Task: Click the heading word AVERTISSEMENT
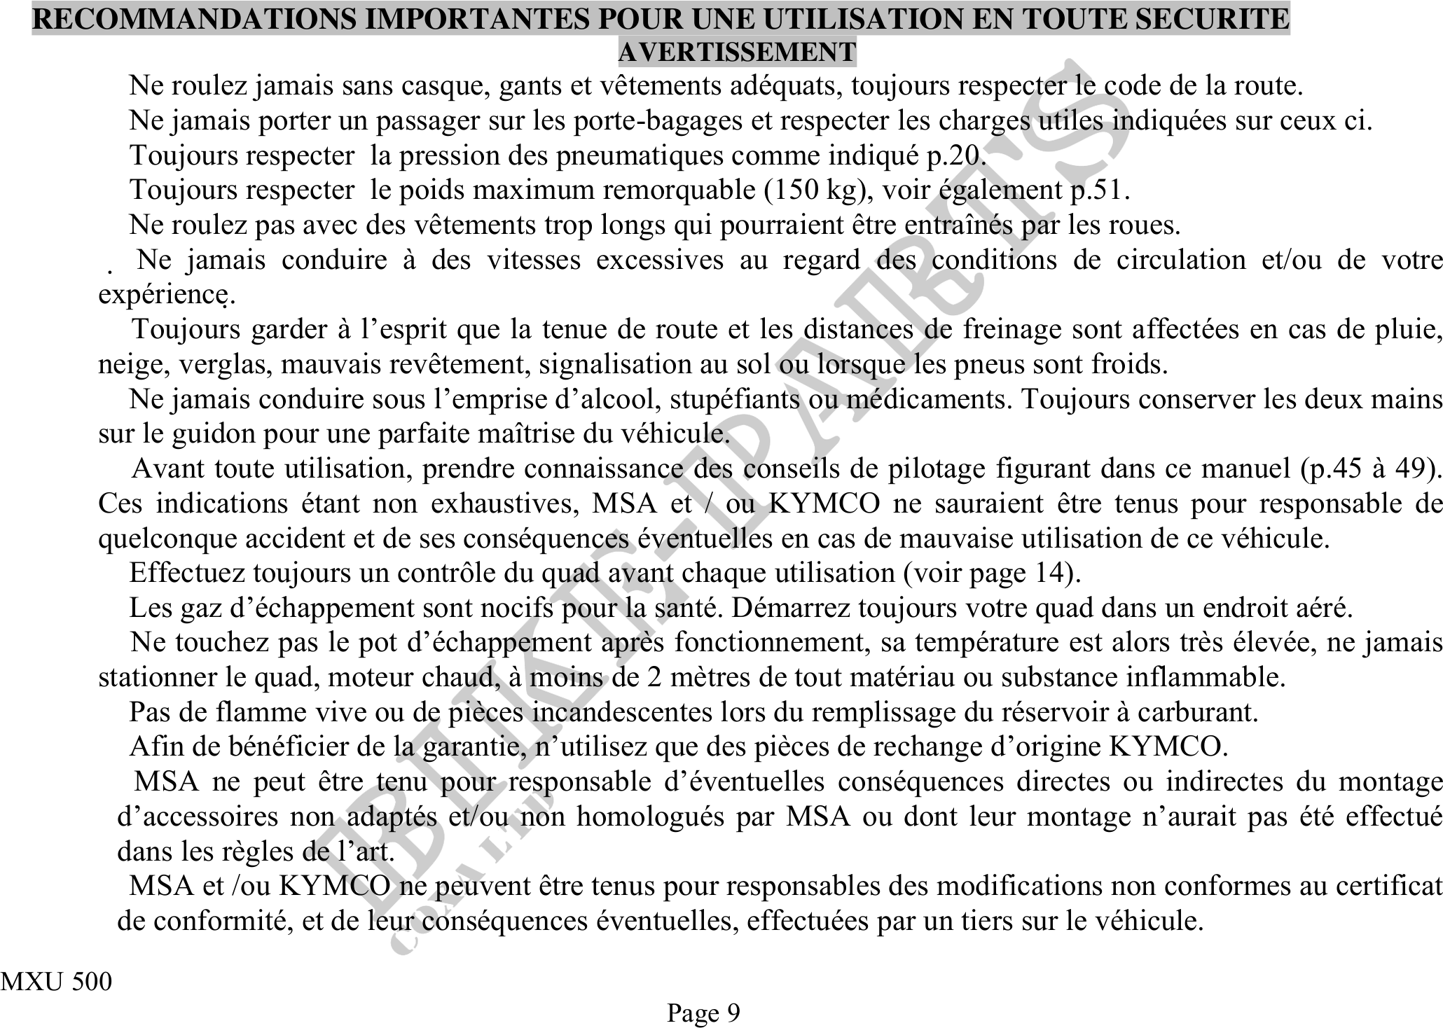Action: pos(737,52)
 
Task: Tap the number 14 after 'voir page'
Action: pos(1051,574)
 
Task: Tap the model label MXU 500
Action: pos(56,982)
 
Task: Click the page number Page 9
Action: pos(703,1013)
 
